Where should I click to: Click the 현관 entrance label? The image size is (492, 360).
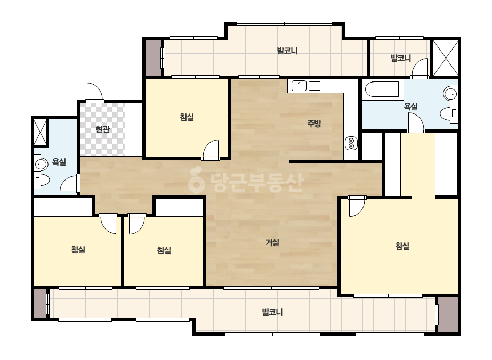102,129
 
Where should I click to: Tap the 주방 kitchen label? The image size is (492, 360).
314,123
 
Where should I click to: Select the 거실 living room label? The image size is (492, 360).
272,242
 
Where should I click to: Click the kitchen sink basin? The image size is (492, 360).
299,86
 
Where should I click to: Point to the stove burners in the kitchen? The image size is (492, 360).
351,143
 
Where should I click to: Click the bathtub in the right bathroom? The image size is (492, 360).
382,89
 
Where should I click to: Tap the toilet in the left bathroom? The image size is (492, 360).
42,181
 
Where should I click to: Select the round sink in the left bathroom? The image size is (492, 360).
41,165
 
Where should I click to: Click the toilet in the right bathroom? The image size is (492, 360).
449,113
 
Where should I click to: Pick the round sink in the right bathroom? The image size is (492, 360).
450,94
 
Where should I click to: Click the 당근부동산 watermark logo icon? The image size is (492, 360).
196,181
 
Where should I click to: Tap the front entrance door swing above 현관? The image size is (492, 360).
94,93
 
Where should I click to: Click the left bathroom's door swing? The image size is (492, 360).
70,183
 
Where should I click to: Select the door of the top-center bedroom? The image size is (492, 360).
211,150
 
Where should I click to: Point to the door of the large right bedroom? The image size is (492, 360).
357,206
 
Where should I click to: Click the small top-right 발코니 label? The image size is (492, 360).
400,58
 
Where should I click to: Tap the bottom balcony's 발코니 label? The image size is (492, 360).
272,312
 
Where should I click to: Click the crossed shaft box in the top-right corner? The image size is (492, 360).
446,58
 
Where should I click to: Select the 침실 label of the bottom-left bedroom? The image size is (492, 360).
78,250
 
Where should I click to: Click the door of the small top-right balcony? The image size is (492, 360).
420,68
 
